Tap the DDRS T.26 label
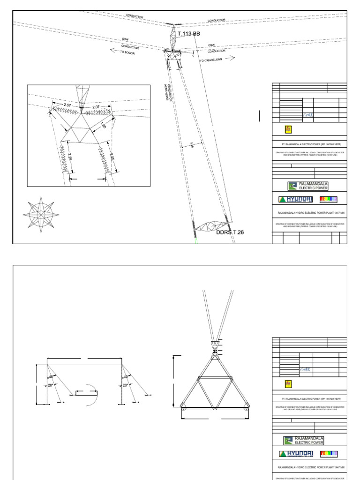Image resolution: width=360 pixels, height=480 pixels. (x=230, y=232)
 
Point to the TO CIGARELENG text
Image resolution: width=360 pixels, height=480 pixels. (x=217, y=60)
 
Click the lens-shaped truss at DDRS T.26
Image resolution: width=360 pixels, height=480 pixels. (x=210, y=227)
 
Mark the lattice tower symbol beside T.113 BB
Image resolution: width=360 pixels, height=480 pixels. (x=173, y=37)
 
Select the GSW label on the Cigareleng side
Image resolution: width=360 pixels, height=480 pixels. (x=211, y=45)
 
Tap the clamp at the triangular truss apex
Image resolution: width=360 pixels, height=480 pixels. (x=215, y=350)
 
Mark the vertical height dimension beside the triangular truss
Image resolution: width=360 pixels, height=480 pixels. (x=174, y=381)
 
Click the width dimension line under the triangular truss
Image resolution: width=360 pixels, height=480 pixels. (x=215, y=417)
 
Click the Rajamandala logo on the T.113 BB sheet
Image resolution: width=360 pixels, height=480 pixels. (x=307, y=186)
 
